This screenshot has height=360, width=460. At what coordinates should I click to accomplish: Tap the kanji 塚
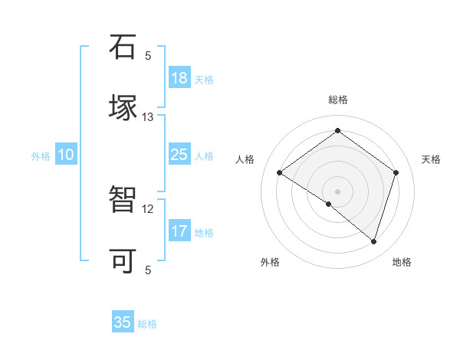pos(123,109)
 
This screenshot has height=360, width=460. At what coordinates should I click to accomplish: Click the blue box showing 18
pos(179,78)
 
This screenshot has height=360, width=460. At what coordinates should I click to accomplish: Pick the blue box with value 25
pos(179,155)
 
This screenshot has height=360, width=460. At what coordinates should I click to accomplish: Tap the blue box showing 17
pos(179,231)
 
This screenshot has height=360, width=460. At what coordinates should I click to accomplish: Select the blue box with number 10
pos(66,155)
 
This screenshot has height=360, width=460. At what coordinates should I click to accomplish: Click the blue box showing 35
pos(123,322)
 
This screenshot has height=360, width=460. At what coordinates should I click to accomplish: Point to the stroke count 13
pos(148,117)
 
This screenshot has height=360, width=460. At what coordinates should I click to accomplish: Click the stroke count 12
pos(148,208)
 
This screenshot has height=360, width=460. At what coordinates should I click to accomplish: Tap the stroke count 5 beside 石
pos(148,55)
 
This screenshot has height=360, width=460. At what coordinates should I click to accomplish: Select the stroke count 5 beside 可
pos(148,270)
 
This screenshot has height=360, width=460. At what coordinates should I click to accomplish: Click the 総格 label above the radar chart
pos(337,100)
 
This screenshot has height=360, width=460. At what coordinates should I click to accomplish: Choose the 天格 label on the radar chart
pos(431,159)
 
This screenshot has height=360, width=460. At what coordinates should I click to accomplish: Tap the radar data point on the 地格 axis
pos(373,241)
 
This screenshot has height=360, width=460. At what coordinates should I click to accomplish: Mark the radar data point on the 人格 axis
pos(280,172)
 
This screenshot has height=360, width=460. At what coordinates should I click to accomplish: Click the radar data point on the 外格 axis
pos(329,204)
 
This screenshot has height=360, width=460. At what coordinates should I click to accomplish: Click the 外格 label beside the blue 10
pos(41,156)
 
